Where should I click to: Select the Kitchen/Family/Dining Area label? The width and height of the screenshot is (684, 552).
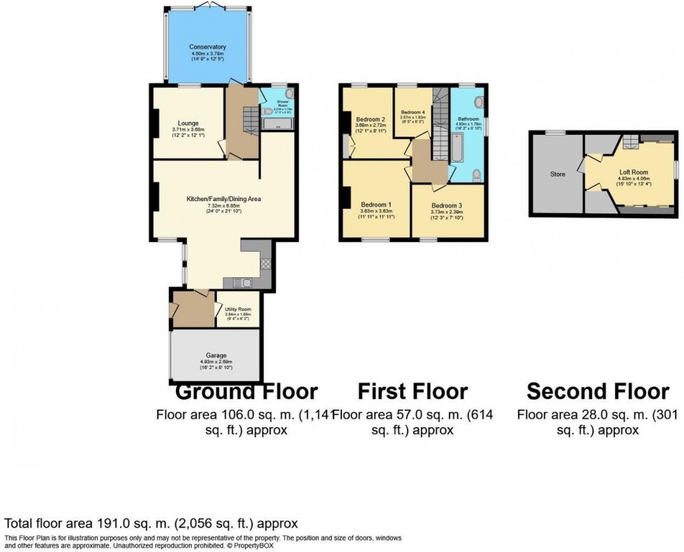click(x=223, y=199)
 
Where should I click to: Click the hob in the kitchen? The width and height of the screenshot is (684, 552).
click(x=266, y=264)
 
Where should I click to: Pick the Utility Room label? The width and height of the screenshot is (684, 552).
click(x=238, y=309)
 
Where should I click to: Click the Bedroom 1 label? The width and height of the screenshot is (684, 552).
click(x=376, y=204)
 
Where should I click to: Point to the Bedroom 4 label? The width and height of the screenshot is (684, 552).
click(x=412, y=112)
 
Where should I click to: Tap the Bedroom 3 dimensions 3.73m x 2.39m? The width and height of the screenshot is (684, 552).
click(x=447, y=212)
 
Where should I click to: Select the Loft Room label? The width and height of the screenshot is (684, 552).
click(x=634, y=172)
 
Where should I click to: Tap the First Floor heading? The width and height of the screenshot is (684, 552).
click(x=412, y=391)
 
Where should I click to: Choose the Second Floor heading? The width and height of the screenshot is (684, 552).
click(x=597, y=391)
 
